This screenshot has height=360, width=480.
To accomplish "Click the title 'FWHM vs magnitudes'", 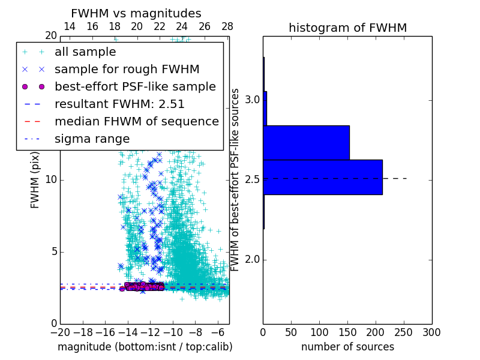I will [136, 13].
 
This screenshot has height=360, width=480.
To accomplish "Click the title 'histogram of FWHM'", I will [347, 28].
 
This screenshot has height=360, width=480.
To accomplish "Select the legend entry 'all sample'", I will [85, 52].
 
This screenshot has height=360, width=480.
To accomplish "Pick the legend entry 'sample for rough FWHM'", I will [127, 69].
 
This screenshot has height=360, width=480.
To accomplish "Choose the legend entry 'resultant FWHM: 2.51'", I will [119, 104].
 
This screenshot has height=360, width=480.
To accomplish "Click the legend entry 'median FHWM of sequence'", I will [136, 121].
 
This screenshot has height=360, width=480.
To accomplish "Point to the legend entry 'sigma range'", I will [92, 139].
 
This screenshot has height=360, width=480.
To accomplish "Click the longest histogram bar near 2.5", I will [323, 177].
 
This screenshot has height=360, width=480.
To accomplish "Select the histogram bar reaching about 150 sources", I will [306, 142].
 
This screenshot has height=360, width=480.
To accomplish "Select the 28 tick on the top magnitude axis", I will [227, 26].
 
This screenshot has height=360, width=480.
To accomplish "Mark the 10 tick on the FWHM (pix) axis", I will [51, 179].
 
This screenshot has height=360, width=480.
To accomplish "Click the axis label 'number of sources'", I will [347, 347].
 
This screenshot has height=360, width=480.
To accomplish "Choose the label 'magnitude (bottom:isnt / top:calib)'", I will [145, 347].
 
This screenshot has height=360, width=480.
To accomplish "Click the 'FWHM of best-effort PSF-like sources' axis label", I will [235, 179].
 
